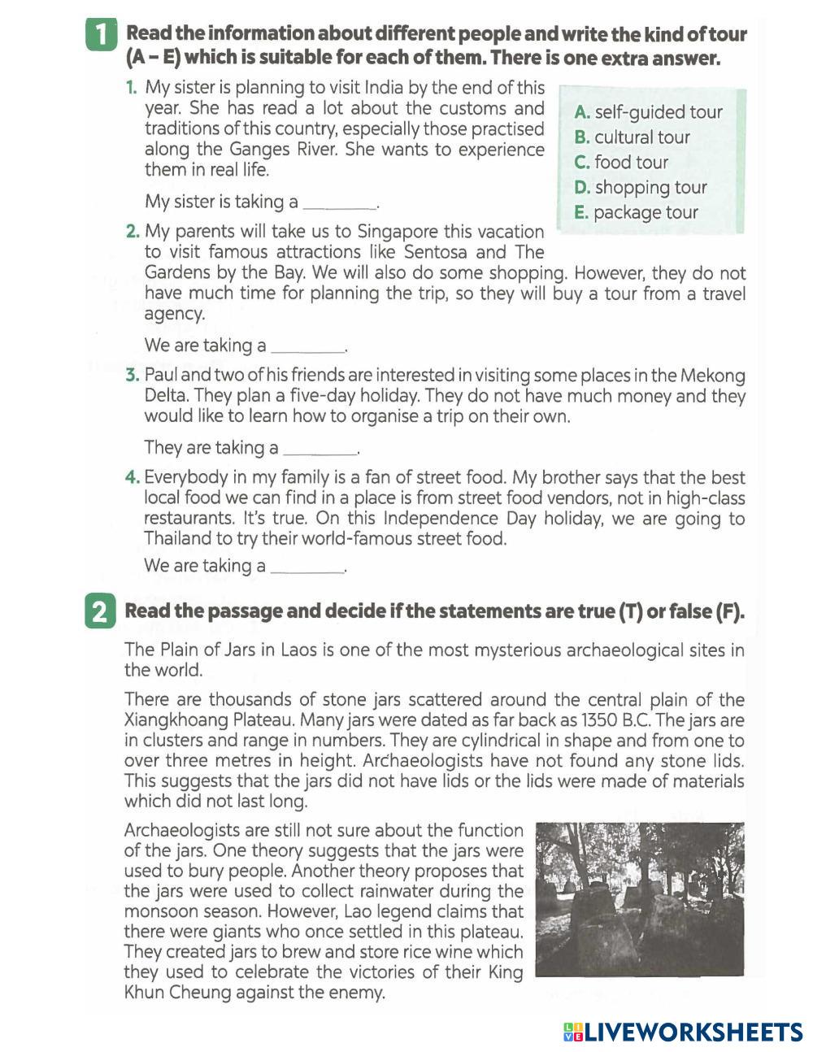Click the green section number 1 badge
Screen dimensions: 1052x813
point(100,37)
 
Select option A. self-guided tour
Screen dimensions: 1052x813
point(648,112)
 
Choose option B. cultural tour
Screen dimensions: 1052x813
point(632,137)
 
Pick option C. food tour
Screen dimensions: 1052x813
point(621,163)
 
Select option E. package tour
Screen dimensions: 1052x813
point(636,213)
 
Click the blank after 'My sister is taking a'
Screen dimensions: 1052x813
point(339,203)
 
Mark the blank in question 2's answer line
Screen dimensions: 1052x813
point(307,347)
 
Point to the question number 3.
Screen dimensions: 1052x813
point(133,376)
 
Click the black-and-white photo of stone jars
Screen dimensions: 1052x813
point(640,899)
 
